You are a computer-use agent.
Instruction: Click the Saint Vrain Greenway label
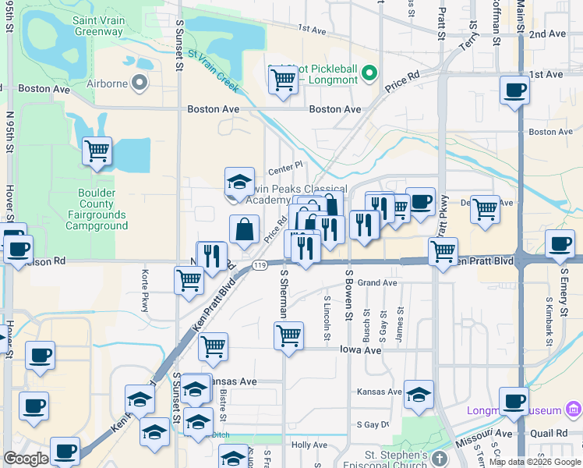click(x=98, y=26)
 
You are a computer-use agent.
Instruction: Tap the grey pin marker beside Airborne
click(x=140, y=81)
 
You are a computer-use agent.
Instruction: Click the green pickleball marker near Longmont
click(x=370, y=74)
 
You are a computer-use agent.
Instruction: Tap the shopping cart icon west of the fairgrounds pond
click(x=97, y=151)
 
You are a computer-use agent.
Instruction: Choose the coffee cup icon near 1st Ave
click(x=514, y=90)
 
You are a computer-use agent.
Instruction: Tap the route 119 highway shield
click(x=258, y=266)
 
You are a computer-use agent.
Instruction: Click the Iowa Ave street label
click(x=360, y=350)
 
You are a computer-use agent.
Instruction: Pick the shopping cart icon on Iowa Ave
click(x=288, y=336)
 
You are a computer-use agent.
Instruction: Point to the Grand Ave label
click(x=377, y=282)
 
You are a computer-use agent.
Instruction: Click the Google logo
click(x=26, y=459)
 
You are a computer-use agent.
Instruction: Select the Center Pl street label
click(x=285, y=166)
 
